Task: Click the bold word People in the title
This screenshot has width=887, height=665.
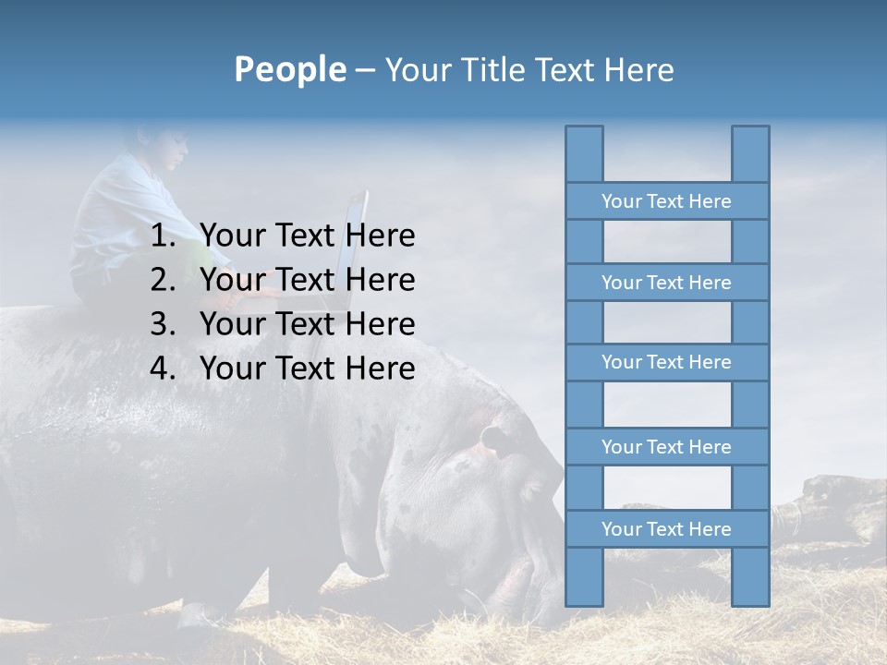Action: point(289,69)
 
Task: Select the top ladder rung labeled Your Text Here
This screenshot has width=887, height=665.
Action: point(666,201)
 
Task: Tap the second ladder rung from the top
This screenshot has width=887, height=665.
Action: point(666,283)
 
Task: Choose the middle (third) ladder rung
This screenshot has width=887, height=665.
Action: point(666,362)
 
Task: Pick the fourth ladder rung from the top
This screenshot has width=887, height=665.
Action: point(666,447)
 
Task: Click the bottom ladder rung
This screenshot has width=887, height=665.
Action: point(666,529)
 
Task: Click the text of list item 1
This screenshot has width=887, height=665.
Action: point(308,236)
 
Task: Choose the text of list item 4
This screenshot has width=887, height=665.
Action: point(308,369)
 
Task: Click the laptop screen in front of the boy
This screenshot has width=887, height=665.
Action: point(355,245)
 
